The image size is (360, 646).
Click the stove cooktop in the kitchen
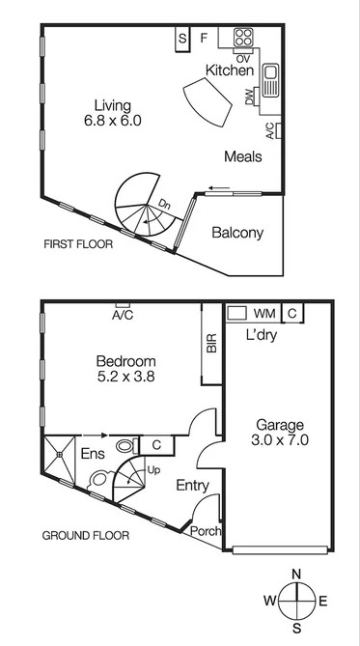pos(243,41)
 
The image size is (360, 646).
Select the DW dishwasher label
pos(250,96)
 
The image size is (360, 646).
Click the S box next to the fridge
pos(182,40)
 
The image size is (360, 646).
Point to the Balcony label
pos(237,233)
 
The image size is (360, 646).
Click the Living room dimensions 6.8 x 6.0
pos(112,122)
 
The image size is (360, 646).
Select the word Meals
pos(243,156)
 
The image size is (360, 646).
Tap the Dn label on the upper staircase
pos(165,205)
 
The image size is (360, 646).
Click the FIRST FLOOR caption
pos(78,245)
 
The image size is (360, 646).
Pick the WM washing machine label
pos(263,314)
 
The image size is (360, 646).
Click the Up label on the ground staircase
pos(152,470)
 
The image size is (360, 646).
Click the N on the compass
pos(296,575)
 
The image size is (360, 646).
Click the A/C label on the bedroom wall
pos(122,316)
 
